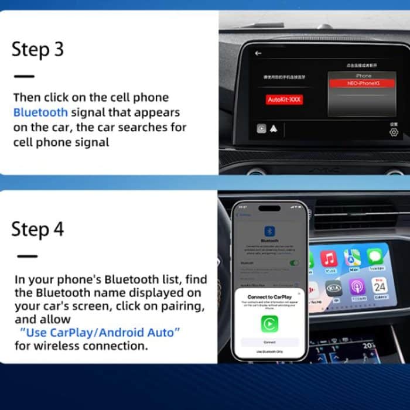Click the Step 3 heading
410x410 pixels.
pos(37,50)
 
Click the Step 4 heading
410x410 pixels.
pos(37,229)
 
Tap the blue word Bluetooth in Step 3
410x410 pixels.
pos(40,112)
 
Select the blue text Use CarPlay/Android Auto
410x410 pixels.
pos(100,333)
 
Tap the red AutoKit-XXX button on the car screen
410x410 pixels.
pos(285,100)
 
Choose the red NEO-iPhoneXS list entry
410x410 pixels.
pos(363,84)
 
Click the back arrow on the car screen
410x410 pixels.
pos(258,53)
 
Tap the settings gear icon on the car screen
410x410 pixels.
pos(394,132)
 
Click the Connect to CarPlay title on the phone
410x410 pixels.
pos(269,297)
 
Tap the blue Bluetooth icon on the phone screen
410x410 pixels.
pos(270,231)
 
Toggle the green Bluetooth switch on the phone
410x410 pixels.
pos(294,263)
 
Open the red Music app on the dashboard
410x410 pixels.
pos(329,258)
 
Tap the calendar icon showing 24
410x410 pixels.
pos(380,287)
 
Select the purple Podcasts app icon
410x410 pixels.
pos(357,287)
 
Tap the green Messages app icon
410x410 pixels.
pos(375,257)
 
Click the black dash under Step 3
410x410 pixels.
pos(24,76)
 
